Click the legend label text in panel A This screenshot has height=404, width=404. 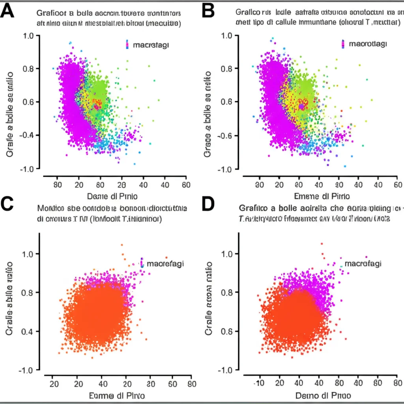point(151,45)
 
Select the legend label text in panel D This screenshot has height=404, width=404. point(363,264)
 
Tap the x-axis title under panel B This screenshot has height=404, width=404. point(322,196)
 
